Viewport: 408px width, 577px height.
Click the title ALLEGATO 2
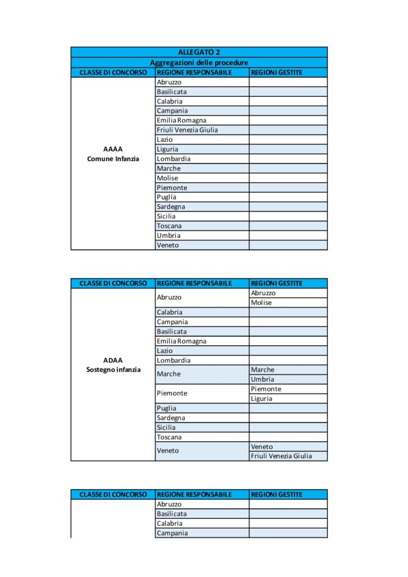pos(199,52)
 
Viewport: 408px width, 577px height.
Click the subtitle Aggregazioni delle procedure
pos(199,63)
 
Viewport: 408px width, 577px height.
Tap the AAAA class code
pos(113,149)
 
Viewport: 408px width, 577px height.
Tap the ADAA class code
pos(113,360)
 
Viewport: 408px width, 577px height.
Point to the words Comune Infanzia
pos(113,159)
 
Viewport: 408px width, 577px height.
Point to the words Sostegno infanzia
pos(113,370)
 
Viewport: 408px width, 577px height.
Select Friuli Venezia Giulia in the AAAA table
pos(187,130)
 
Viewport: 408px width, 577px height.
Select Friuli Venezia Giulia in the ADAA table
pos(281,456)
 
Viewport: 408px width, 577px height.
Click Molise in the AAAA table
pos(167,178)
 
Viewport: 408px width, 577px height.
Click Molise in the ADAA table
pos(261,303)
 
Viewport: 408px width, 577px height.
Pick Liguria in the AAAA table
pos(167,149)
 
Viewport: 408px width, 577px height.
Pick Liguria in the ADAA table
pos(261,398)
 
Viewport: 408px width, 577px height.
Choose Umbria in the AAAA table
pos(168,236)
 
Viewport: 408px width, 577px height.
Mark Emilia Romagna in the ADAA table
pos(181,341)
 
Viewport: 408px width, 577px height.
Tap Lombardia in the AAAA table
pos(174,159)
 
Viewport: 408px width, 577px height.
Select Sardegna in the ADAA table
pos(171,418)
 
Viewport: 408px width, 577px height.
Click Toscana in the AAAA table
pos(170,226)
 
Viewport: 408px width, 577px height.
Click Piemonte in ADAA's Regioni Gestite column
pos(266,389)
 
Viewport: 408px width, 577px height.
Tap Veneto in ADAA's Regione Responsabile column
pos(168,451)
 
